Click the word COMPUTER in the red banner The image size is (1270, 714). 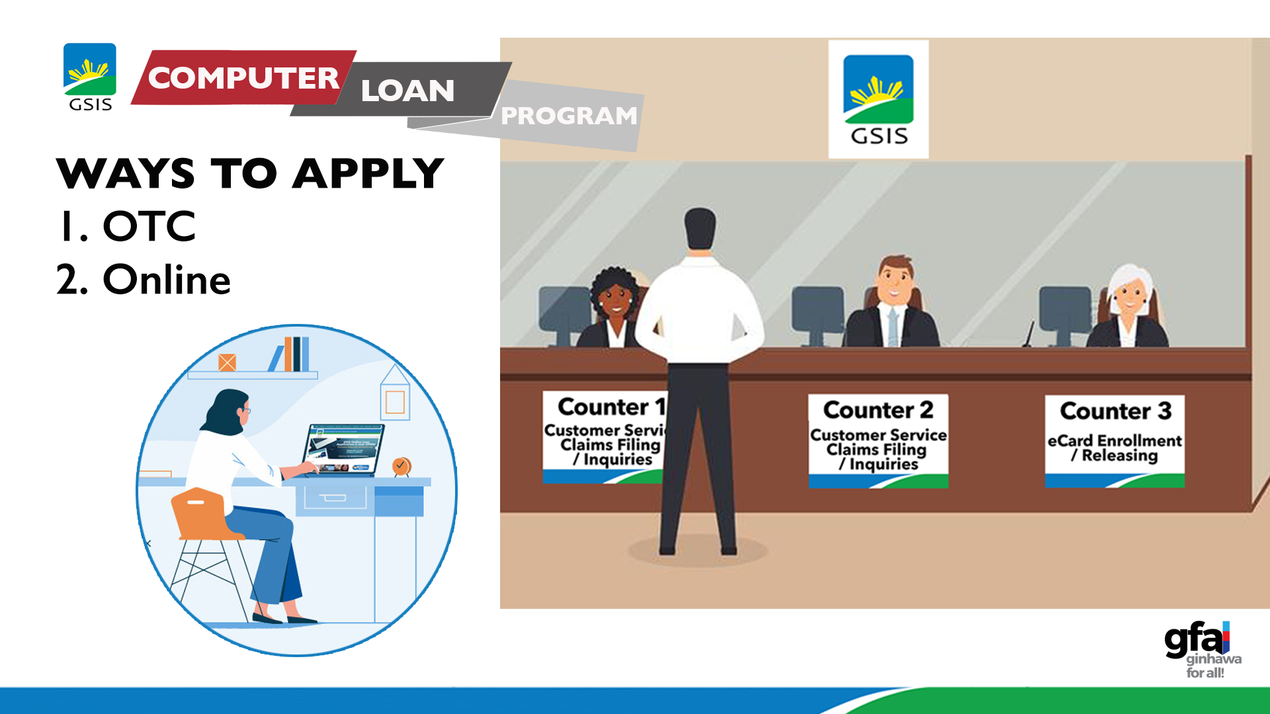tap(243, 78)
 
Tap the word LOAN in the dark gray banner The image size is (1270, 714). tap(407, 91)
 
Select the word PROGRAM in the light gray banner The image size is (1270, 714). tap(569, 116)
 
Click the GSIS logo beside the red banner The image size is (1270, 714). tap(90, 77)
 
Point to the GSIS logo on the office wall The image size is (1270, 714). tap(878, 99)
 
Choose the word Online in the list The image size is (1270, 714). tap(166, 280)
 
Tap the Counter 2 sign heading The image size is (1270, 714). tap(878, 410)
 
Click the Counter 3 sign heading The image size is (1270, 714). tap(1115, 411)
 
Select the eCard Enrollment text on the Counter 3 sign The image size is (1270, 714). tap(1115, 440)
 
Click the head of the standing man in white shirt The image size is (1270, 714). tap(700, 229)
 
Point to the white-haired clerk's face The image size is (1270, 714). tap(1130, 296)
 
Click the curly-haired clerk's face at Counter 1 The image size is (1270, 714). tap(614, 299)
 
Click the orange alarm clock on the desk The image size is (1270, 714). tap(401, 466)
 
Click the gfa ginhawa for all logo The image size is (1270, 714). tap(1201, 649)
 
